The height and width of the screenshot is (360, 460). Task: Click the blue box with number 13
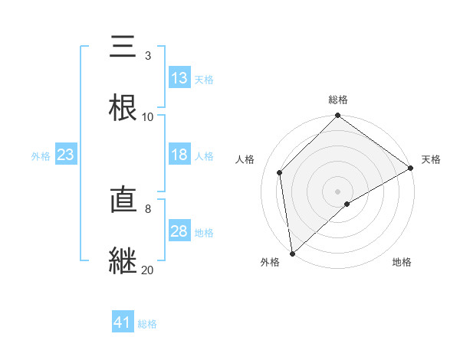coord(179,78)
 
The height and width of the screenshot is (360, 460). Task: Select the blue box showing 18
coord(179,155)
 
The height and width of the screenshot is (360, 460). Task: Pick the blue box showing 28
coord(179,231)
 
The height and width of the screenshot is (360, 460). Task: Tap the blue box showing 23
coord(66,155)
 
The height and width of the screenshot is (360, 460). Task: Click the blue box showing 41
coord(123,322)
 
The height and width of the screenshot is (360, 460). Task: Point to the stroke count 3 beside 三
coord(148,56)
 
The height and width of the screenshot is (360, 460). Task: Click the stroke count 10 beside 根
coord(148,116)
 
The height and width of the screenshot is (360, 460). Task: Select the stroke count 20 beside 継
coord(148,270)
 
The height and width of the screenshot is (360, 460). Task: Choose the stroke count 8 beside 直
coord(148,208)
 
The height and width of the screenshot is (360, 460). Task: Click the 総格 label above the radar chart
coord(338,100)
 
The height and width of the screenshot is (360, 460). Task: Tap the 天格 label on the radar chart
coord(431,159)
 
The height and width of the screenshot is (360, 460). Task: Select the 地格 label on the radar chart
coord(402,262)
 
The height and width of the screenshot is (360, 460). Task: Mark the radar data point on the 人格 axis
coord(280,172)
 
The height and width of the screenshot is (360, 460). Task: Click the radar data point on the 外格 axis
coord(292,254)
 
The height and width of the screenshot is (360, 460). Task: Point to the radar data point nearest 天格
coord(411,168)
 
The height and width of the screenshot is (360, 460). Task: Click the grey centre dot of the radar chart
coord(338,191)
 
